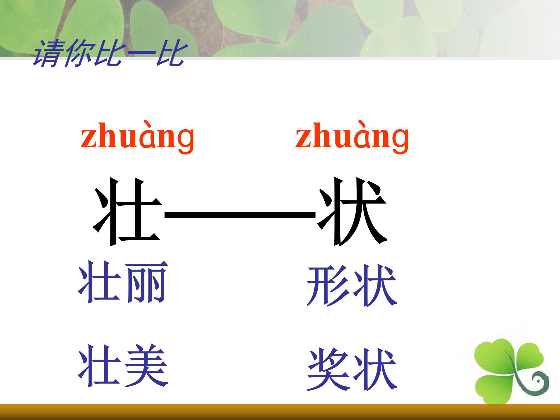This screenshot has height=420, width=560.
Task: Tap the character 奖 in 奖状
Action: point(328,370)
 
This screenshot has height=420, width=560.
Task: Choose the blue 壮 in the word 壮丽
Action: point(99,282)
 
